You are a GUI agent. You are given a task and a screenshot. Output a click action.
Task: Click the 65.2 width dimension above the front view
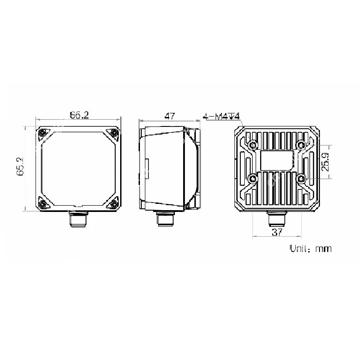79,115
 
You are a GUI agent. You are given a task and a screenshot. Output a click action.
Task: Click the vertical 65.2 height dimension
20,166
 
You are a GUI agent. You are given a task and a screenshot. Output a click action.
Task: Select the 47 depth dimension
170,116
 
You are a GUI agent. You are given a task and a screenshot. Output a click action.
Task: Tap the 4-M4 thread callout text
221,116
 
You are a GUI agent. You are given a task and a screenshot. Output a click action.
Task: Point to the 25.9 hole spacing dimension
325,162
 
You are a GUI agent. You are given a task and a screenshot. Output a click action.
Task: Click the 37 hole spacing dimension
277,232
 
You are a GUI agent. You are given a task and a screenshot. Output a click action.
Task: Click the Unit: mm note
310,249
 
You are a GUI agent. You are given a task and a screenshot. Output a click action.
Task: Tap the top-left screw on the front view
42,133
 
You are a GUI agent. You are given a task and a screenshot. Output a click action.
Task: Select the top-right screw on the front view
114,132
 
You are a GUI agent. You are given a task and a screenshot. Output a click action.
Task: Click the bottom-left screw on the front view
42,204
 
